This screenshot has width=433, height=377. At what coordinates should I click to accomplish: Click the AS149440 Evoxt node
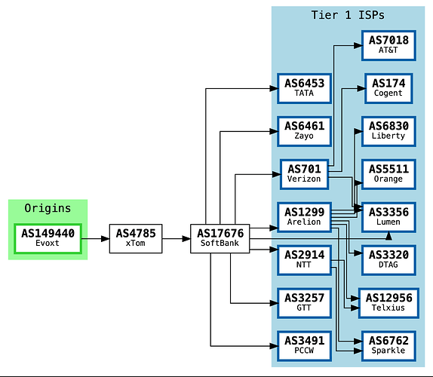coord(48,239)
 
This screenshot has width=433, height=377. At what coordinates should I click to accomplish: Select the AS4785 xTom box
coord(136,239)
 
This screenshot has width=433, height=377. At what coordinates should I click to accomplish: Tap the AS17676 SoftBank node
coord(220,239)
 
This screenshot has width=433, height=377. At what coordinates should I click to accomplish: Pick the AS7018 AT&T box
coord(388,45)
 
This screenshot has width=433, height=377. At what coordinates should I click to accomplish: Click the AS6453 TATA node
coord(304,88)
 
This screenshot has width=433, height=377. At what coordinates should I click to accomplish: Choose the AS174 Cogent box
coord(388,88)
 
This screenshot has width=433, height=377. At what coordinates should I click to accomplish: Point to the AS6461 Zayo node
coord(304,131)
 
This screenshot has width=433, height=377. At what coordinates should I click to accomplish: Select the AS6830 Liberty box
coord(388,131)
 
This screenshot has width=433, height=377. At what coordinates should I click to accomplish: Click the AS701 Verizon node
coord(304,174)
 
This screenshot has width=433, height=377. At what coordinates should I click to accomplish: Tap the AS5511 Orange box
coord(388,174)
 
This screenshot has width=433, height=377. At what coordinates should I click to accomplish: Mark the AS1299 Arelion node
coord(304,217)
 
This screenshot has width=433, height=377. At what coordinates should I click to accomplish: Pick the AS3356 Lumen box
coord(388,217)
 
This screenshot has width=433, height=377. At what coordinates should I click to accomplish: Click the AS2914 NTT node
coord(304,260)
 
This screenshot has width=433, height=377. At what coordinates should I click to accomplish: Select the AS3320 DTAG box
coord(388,260)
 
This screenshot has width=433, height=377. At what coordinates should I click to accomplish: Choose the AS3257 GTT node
coord(304,303)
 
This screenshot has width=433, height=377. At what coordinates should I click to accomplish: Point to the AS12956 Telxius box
coord(388,303)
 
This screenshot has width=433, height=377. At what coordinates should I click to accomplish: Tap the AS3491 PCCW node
coord(304,346)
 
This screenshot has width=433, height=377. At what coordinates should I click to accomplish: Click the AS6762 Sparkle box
coord(388,346)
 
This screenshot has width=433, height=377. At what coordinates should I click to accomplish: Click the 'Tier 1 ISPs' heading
coord(348,15)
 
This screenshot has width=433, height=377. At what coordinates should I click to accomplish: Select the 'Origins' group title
coord(48,208)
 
